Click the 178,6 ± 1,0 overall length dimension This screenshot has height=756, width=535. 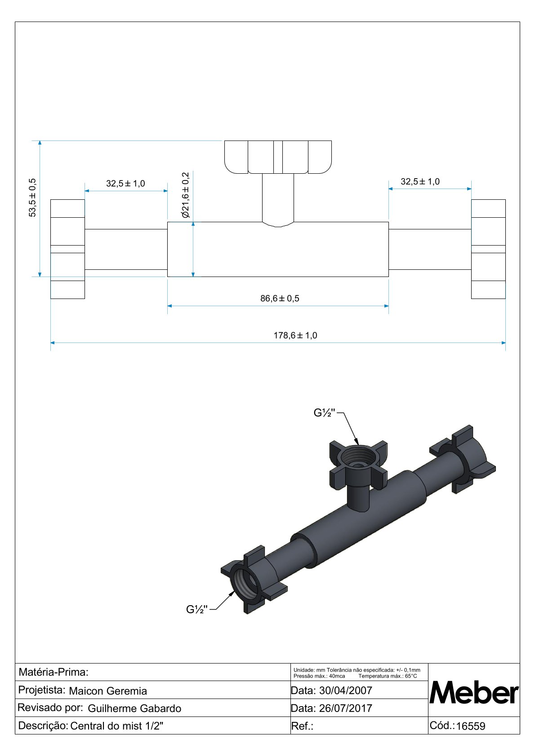point(295,335)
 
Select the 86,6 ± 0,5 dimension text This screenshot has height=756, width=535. point(280,299)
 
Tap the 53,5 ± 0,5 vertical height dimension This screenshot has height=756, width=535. point(32,198)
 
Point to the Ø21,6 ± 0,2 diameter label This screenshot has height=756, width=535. point(186,195)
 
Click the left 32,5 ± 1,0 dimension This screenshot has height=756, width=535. point(125,184)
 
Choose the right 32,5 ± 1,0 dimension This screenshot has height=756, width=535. point(420,182)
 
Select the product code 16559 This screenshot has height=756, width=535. point(471,726)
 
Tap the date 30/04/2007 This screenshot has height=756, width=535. point(345,690)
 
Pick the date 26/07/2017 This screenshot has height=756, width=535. point(345,708)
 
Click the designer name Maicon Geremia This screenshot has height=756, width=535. point(108,691)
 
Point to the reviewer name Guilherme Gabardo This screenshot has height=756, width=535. point(134,708)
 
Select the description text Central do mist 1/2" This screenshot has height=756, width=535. point(117,726)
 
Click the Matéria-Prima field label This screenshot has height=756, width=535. point(53,672)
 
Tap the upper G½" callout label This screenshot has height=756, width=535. point(325,413)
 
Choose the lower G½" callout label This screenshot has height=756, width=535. point(197,609)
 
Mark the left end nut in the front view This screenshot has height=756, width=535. point(67,249)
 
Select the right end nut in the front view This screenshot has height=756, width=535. point(488,249)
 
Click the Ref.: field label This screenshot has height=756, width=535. point(302,726)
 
